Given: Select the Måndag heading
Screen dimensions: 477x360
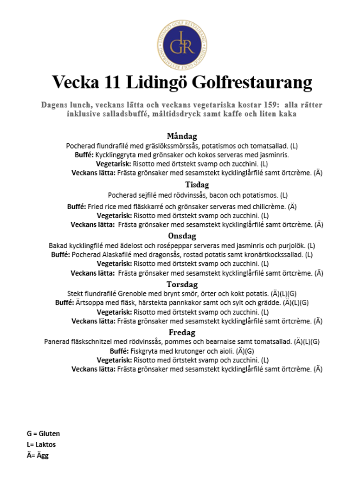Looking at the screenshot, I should [182, 136].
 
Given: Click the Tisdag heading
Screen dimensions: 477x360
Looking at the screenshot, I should [197, 185].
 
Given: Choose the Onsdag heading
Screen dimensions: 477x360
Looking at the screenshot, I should [182, 236].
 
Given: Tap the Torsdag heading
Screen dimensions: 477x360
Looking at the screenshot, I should [182, 284].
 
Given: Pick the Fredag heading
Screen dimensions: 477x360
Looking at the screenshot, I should [182, 333].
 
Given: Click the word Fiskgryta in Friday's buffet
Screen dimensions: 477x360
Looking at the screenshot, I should [145, 351].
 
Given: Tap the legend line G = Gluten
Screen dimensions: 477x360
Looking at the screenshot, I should [43, 434].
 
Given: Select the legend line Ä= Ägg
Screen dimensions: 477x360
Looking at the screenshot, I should [38, 455].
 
